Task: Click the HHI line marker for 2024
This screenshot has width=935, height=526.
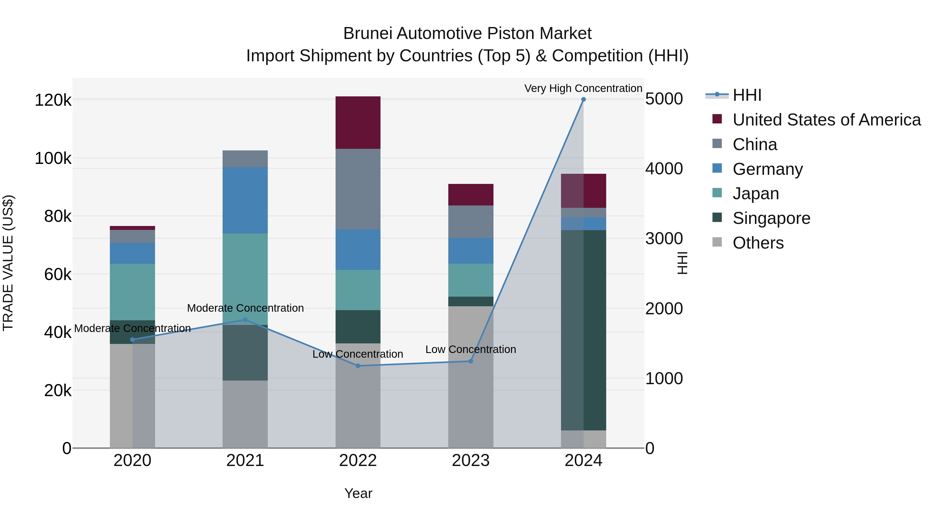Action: (583, 99)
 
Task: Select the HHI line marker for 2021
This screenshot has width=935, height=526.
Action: (245, 320)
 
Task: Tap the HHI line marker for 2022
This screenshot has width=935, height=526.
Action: (358, 366)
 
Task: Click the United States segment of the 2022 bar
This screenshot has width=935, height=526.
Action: (358, 123)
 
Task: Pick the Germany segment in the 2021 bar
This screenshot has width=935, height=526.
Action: (245, 200)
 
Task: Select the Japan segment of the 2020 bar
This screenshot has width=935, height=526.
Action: (132, 292)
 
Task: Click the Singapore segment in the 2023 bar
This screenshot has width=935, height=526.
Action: (471, 301)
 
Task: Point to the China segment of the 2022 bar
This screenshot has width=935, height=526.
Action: (358, 189)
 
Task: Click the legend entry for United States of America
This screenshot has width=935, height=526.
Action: (826, 120)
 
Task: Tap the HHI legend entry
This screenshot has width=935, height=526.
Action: (747, 95)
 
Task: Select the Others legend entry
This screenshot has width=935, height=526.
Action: (758, 243)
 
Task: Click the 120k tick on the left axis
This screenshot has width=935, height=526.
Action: (53, 100)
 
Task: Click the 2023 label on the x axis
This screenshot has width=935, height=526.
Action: (471, 461)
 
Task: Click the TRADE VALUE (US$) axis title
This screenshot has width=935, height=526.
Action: (8, 263)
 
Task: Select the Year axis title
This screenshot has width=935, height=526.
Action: (358, 493)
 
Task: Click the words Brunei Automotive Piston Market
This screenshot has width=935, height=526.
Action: (467, 34)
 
